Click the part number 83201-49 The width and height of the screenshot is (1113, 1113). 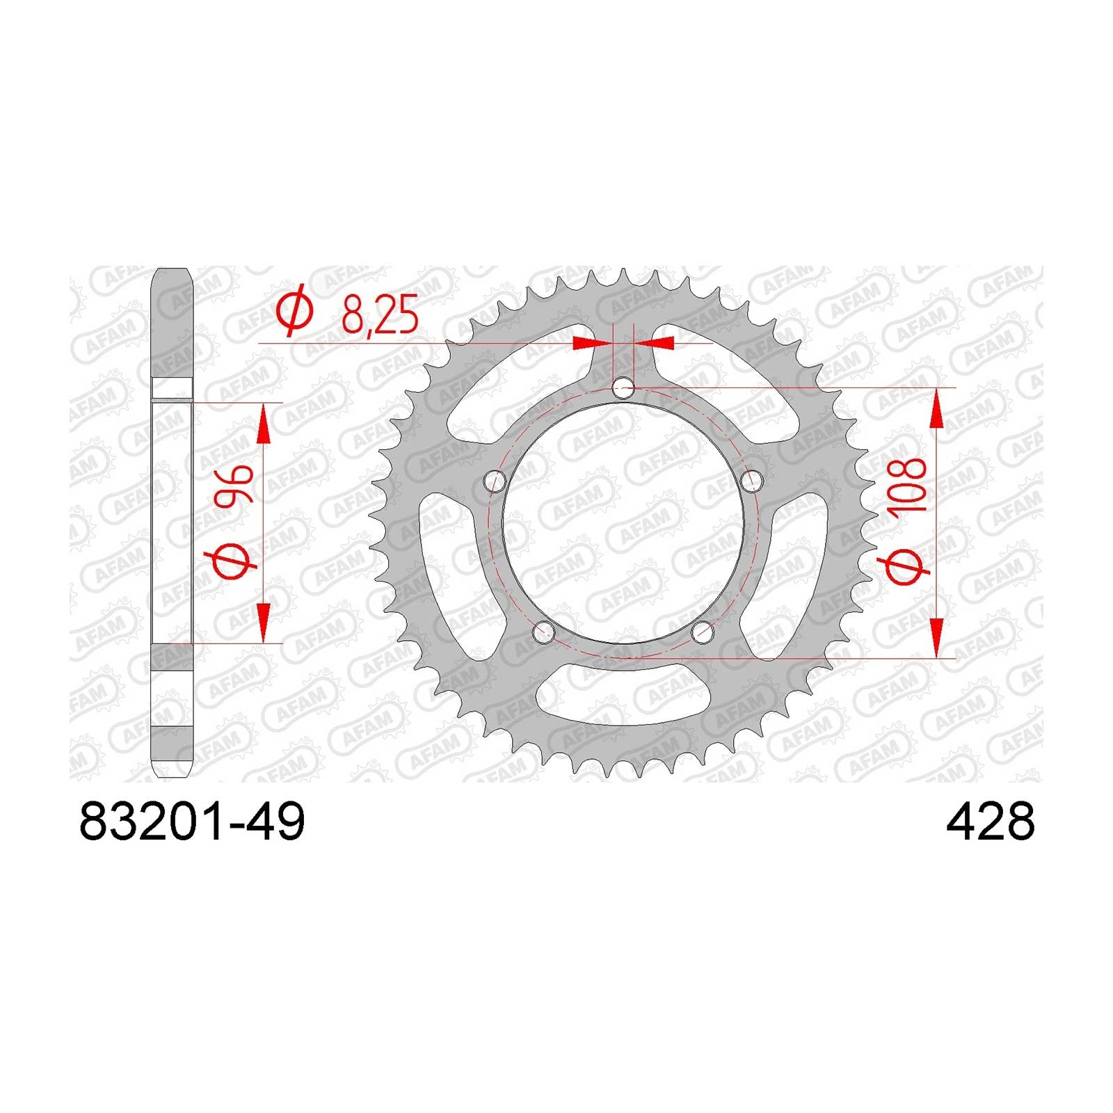click(193, 822)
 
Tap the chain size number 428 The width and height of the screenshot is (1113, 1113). click(990, 822)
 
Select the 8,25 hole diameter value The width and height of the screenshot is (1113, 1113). click(380, 315)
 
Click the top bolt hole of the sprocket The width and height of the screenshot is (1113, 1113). click(624, 387)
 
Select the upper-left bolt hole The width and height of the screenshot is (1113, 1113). click(495, 480)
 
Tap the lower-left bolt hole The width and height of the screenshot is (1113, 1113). click(543, 632)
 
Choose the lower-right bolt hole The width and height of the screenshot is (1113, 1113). click(703, 632)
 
